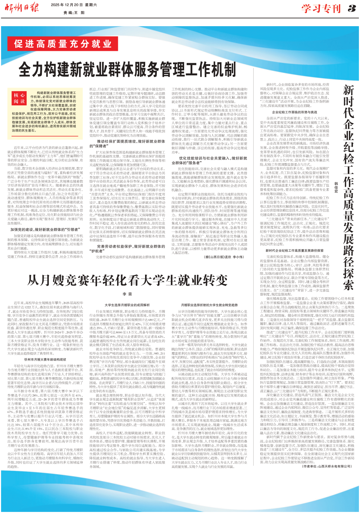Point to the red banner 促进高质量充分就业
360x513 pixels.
pos(63,44)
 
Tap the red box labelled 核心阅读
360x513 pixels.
pos(19,99)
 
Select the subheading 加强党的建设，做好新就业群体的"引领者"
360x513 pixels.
pos(45,229)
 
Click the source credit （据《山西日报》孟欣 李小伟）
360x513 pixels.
pos(224,257)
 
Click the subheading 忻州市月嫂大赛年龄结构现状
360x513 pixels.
pos(45,359)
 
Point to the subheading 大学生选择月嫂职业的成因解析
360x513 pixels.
pos(127,305)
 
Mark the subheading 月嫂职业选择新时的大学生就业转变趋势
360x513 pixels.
pos(209,305)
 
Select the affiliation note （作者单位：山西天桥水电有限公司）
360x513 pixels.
pos(326,466)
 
